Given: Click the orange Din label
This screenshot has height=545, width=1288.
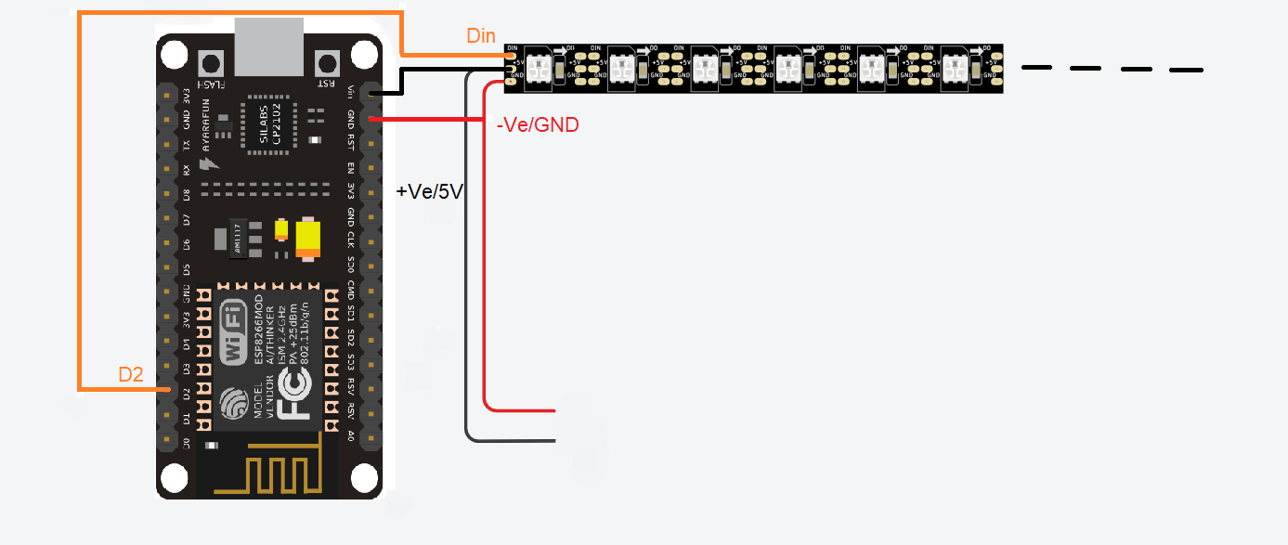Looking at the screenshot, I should (x=480, y=36).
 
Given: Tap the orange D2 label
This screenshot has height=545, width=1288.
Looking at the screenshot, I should (x=131, y=375).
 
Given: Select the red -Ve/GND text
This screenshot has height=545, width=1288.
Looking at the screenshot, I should (x=538, y=124).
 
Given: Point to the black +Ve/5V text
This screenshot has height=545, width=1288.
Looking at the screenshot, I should (x=429, y=192).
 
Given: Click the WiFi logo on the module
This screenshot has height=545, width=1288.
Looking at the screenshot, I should (x=233, y=331).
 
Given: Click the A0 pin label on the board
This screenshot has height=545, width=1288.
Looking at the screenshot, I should (x=351, y=435).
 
